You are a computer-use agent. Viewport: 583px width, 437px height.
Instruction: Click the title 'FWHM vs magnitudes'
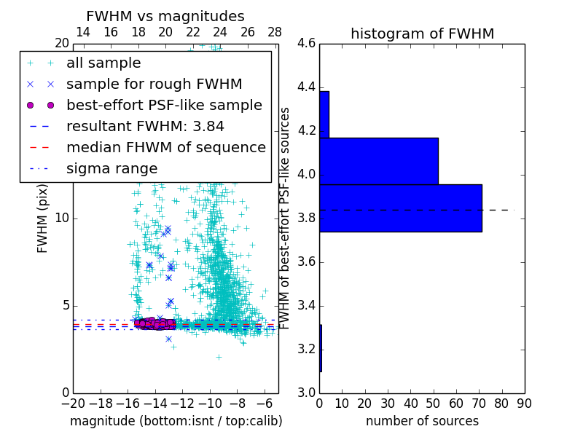pos(165,17)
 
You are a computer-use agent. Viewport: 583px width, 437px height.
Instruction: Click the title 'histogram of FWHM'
pos(422,34)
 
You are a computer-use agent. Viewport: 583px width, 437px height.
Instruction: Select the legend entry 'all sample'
pos(103,63)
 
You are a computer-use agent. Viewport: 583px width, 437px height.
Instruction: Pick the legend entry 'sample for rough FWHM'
pos(154,84)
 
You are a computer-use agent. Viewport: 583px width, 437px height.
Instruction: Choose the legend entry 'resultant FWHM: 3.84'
pos(145,127)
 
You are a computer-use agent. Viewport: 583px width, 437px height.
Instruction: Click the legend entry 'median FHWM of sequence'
pos(165,148)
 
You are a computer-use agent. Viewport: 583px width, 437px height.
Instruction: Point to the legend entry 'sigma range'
pos(111,169)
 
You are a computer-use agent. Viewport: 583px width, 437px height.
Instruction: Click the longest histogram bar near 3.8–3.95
pos(400,208)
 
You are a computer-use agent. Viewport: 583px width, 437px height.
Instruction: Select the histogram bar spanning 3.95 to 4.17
pos(378,161)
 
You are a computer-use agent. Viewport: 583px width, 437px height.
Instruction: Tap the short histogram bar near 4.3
pos(324,114)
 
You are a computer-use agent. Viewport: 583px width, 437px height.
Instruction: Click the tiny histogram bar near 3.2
pos(321,348)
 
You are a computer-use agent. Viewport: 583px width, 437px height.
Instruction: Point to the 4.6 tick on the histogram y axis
pos(306,44)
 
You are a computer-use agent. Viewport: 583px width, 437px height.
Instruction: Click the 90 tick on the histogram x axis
pos(524,403)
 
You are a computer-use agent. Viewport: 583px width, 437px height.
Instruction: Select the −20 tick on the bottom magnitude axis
pos(73,403)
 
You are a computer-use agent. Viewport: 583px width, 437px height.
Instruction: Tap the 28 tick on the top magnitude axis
pos(275,33)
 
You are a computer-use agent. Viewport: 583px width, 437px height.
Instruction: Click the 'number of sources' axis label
pos(422,421)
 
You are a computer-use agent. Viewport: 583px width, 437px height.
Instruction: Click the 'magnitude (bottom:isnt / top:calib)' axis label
pos(176,421)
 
